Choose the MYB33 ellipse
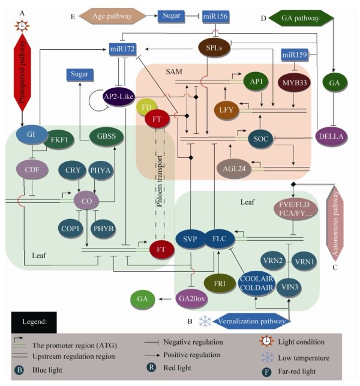pos(294,80)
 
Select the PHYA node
pos(102,170)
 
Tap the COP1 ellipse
pos(68,229)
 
